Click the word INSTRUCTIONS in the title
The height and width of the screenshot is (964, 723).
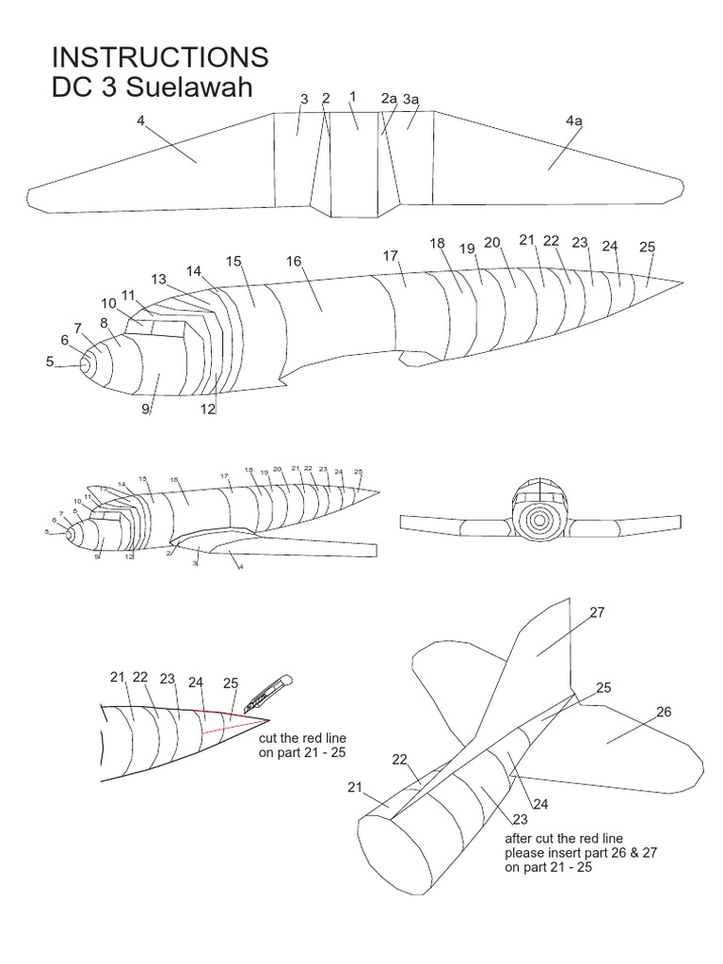point(160,56)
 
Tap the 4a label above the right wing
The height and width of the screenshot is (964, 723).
point(574,120)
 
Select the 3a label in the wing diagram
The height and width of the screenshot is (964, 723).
point(411,99)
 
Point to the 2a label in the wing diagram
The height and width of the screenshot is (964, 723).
point(389,98)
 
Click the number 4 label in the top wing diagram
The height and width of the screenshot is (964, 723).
point(140,120)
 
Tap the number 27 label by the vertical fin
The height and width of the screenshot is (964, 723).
point(597,612)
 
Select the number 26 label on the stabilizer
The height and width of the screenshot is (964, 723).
point(664,712)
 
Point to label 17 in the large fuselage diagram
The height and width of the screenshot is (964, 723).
point(392,256)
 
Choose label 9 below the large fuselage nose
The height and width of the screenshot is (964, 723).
point(146,409)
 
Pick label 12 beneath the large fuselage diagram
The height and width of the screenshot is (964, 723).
point(208,409)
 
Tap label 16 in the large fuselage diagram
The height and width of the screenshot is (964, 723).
point(294,261)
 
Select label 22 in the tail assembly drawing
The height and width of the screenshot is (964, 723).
point(399,759)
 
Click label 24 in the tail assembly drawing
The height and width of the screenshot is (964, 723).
point(540,803)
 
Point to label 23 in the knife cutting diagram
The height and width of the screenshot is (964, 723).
point(168,679)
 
